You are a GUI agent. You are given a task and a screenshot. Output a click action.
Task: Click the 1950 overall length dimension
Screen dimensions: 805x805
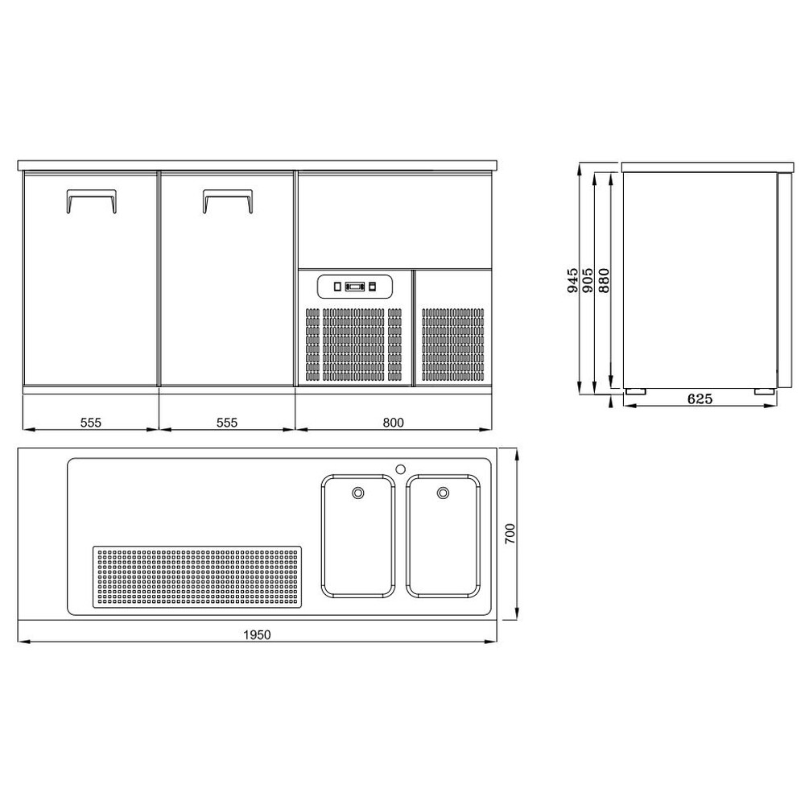point(257,635)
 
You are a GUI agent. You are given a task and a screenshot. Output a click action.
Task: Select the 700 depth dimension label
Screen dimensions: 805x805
point(511,535)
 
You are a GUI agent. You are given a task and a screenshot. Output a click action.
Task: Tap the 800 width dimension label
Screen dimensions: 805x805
point(394,422)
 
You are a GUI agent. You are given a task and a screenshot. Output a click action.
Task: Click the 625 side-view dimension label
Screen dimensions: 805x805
point(700,398)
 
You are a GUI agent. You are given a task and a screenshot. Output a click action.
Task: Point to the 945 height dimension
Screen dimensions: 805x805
point(573,280)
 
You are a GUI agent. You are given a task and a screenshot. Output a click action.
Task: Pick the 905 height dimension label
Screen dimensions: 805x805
point(588,280)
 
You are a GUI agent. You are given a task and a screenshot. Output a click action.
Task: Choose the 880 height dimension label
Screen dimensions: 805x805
point(605,280)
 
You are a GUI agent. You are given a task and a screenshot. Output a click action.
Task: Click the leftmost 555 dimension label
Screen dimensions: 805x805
point(91,422)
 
